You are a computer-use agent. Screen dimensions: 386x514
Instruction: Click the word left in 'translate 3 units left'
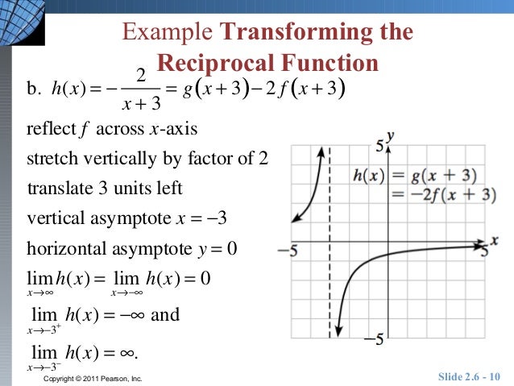tap(171, 189)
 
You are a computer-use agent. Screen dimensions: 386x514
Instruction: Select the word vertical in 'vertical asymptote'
tap(53, 218)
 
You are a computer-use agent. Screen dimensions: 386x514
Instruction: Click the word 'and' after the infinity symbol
tap(165, 314)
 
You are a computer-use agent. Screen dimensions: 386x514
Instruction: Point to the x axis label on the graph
tap(494, 240)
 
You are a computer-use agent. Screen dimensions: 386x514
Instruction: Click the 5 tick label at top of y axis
tap(380, 146)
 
